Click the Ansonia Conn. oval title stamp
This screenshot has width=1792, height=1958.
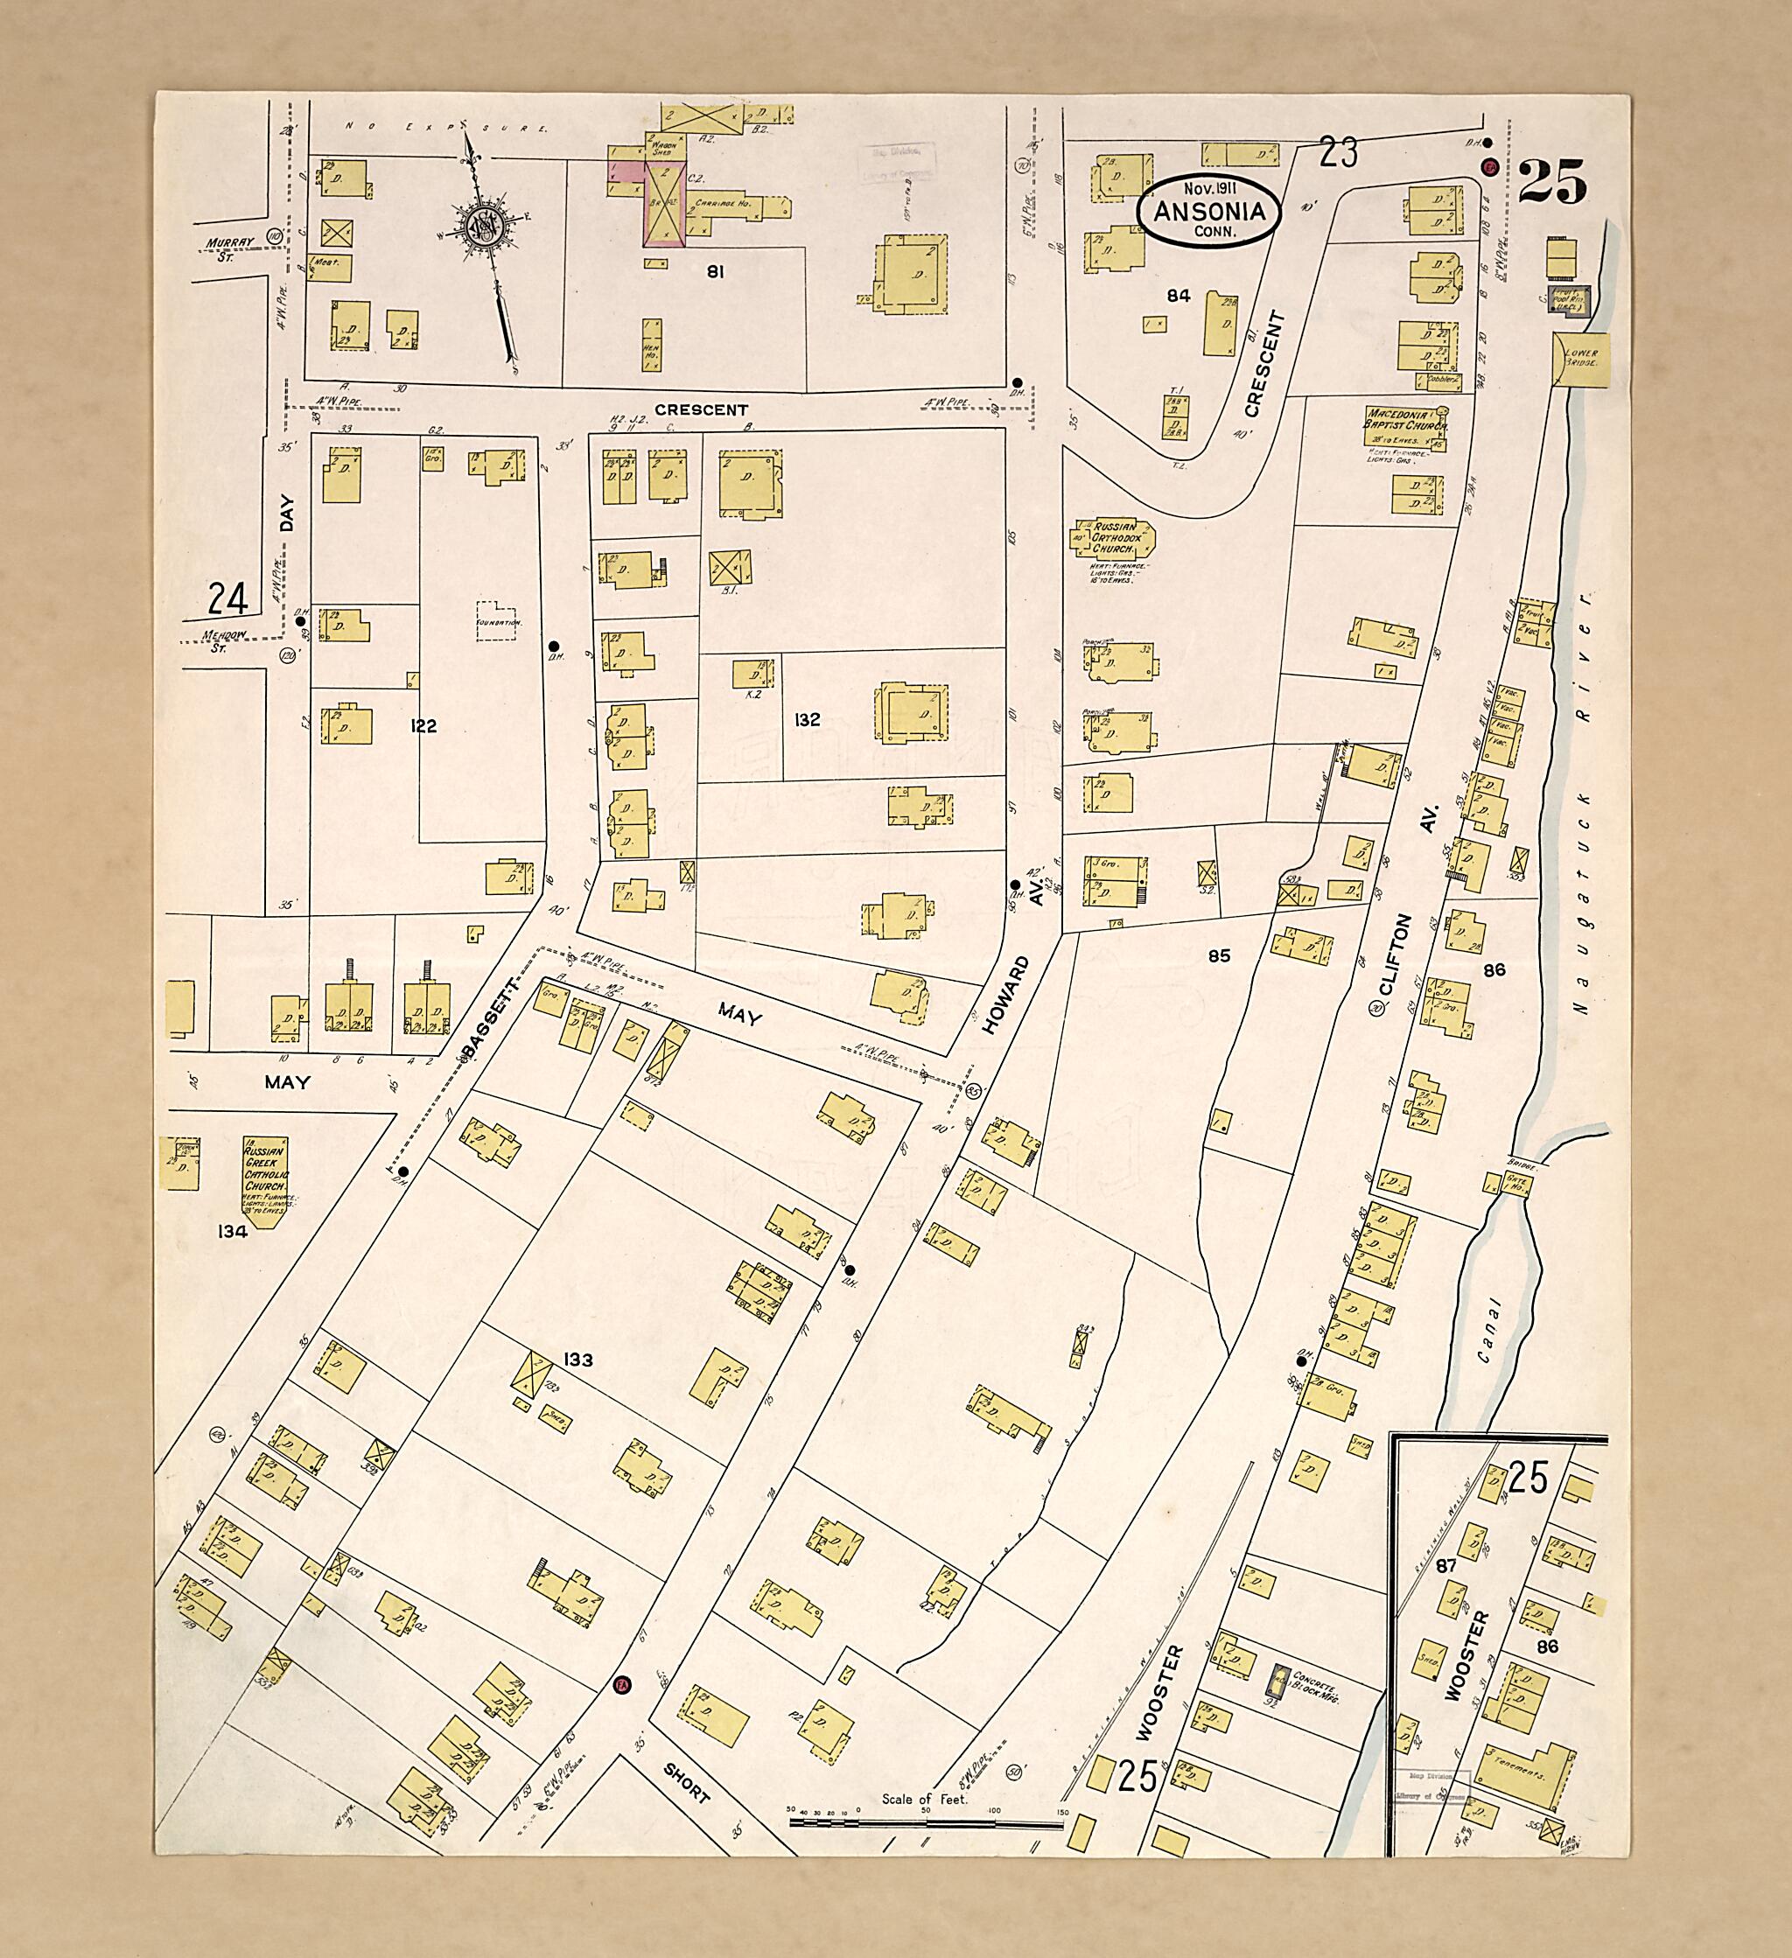1208,211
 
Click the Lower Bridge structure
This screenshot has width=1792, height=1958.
1582,359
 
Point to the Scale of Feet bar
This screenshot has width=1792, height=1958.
927,1822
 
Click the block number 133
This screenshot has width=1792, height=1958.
577,1360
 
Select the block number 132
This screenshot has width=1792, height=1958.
806,720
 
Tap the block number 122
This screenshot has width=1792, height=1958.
423,725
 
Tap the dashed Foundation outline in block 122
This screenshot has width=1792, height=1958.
500,618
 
